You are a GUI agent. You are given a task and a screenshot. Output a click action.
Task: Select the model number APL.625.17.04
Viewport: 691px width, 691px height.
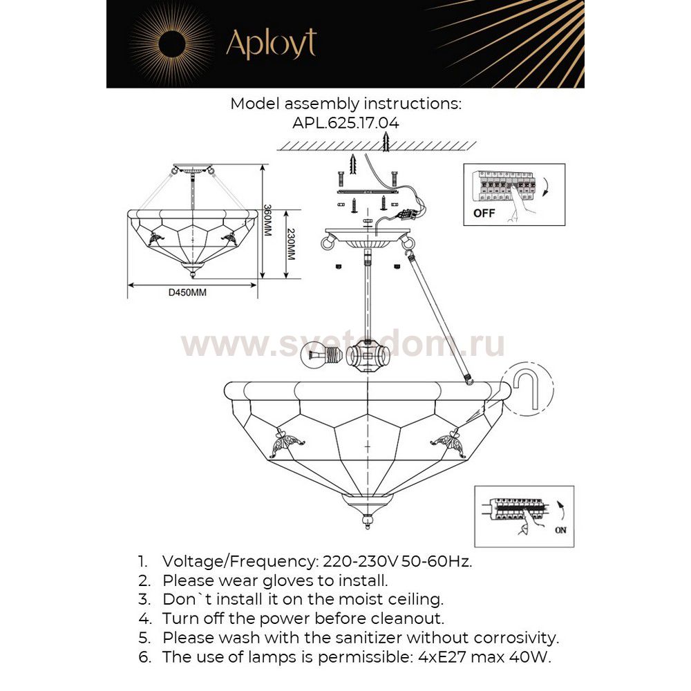[345, 122]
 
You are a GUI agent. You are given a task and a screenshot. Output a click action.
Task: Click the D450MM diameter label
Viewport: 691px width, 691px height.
[187, 292]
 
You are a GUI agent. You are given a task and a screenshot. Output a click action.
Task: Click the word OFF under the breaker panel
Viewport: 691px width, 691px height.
[484, 213]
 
